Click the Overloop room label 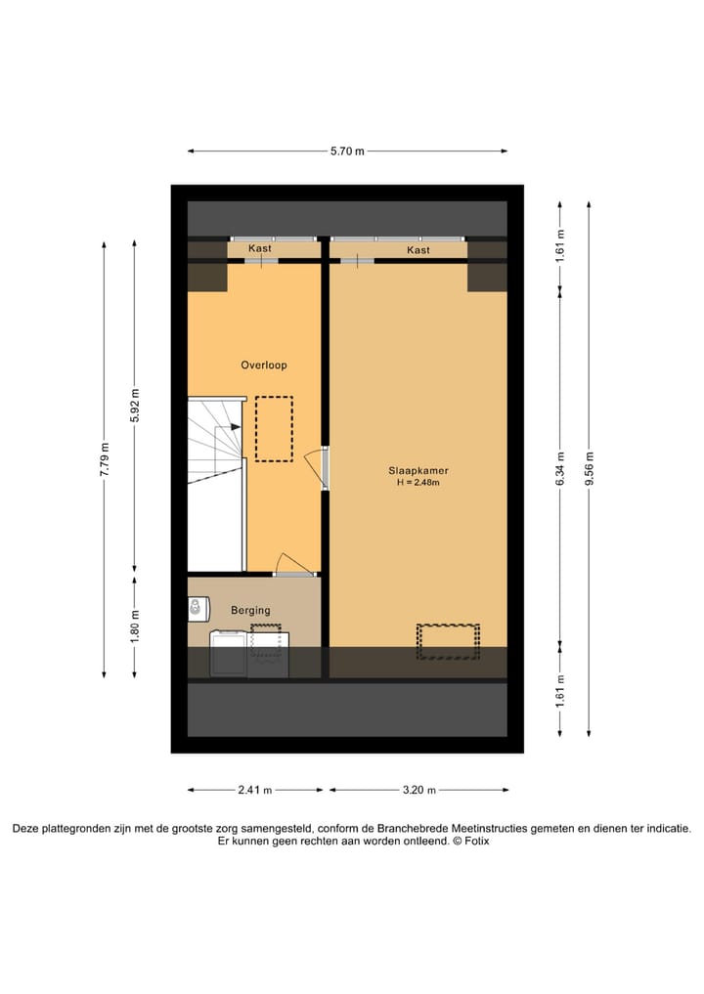[x=264, y=366]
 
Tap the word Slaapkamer [x=418, y=470]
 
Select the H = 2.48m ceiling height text [x=418, y=483]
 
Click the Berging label [x=250, y=611]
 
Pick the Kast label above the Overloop [x=260, y=249]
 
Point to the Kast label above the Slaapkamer [x=418, y=250]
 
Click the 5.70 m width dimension [x=347, y=151]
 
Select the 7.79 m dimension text [x=105, y=459]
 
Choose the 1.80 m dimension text [x=135, y=625]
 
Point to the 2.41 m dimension [x=254, y=791]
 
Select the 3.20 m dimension [x=418, y=791]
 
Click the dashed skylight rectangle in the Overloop [x=274, y=428]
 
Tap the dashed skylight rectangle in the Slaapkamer [x=448, y=641]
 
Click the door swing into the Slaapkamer [x=316, y=467]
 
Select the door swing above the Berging [x=291, y=564]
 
